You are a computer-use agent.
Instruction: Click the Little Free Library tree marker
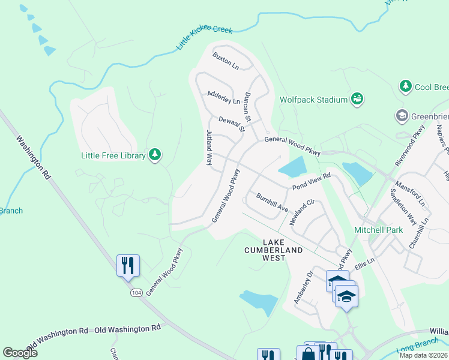click(155, 155)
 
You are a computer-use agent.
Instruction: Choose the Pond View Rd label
click(312, 182)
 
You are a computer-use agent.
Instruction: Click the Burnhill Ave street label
click(273, 203)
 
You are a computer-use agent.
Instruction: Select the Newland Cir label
click(302, 212)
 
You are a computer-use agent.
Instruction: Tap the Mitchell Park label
click(378, 230)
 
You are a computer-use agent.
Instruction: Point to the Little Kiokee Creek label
click(203, 38)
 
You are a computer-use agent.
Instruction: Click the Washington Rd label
click(33, 158)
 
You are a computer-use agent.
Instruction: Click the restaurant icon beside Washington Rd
click(128, 265)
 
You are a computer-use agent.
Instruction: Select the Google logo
click(20, 353)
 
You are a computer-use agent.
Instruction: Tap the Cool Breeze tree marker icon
click(406, 87)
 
